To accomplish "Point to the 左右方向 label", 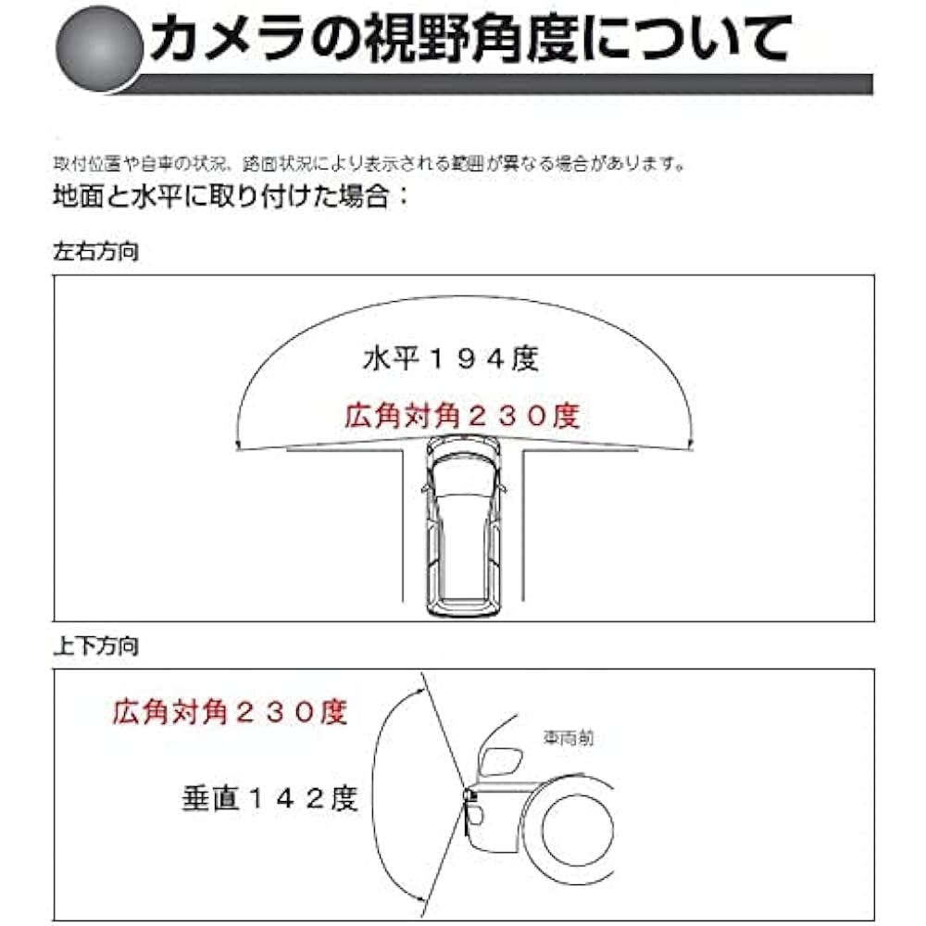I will [x=96, y=251].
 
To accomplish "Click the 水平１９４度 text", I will [x=450, y=359].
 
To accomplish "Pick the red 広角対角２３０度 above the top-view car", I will [x=462, y=417].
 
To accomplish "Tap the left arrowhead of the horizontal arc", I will [x=240, y=447].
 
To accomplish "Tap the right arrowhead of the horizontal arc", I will [x=690, y=447].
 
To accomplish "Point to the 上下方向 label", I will [x=96, y=647].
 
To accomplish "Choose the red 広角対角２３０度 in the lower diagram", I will [x=229, y=712].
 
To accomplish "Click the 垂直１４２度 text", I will [x=269, y=798].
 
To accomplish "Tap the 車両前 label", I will [x=568, y=738].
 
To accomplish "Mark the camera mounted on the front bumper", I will [x=469, y=794].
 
